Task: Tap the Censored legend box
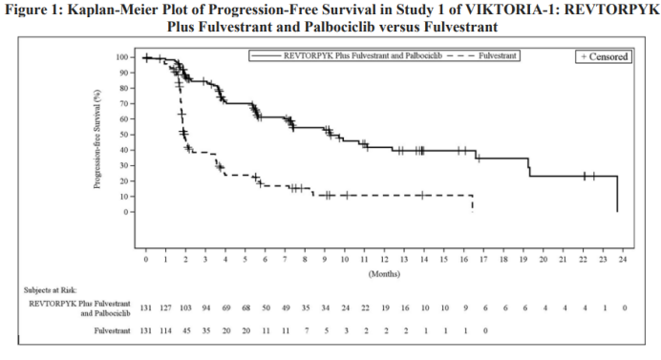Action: [604, 56]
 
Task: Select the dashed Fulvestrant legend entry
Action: [481, 55]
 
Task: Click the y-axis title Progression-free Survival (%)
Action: [97, 139]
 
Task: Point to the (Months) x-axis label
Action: [384, 274]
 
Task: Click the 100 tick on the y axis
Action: [122, 57]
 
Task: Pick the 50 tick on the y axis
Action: [124, 135]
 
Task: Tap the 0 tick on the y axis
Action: [126, 212]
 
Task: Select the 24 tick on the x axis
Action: [623, 260]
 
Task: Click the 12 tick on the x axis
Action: [384, 260]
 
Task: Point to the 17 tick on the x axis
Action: [483, 260]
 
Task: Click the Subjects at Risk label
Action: [51, 290]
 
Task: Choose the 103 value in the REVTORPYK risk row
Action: [185, 308]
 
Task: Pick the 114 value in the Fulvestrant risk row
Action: [165, 331]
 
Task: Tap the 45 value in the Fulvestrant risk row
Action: [186, 331]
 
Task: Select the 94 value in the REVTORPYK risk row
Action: [205, 308]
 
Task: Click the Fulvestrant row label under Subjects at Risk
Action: [112, 331]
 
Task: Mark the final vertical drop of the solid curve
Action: [617, 194]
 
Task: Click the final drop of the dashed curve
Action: [473, 203]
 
